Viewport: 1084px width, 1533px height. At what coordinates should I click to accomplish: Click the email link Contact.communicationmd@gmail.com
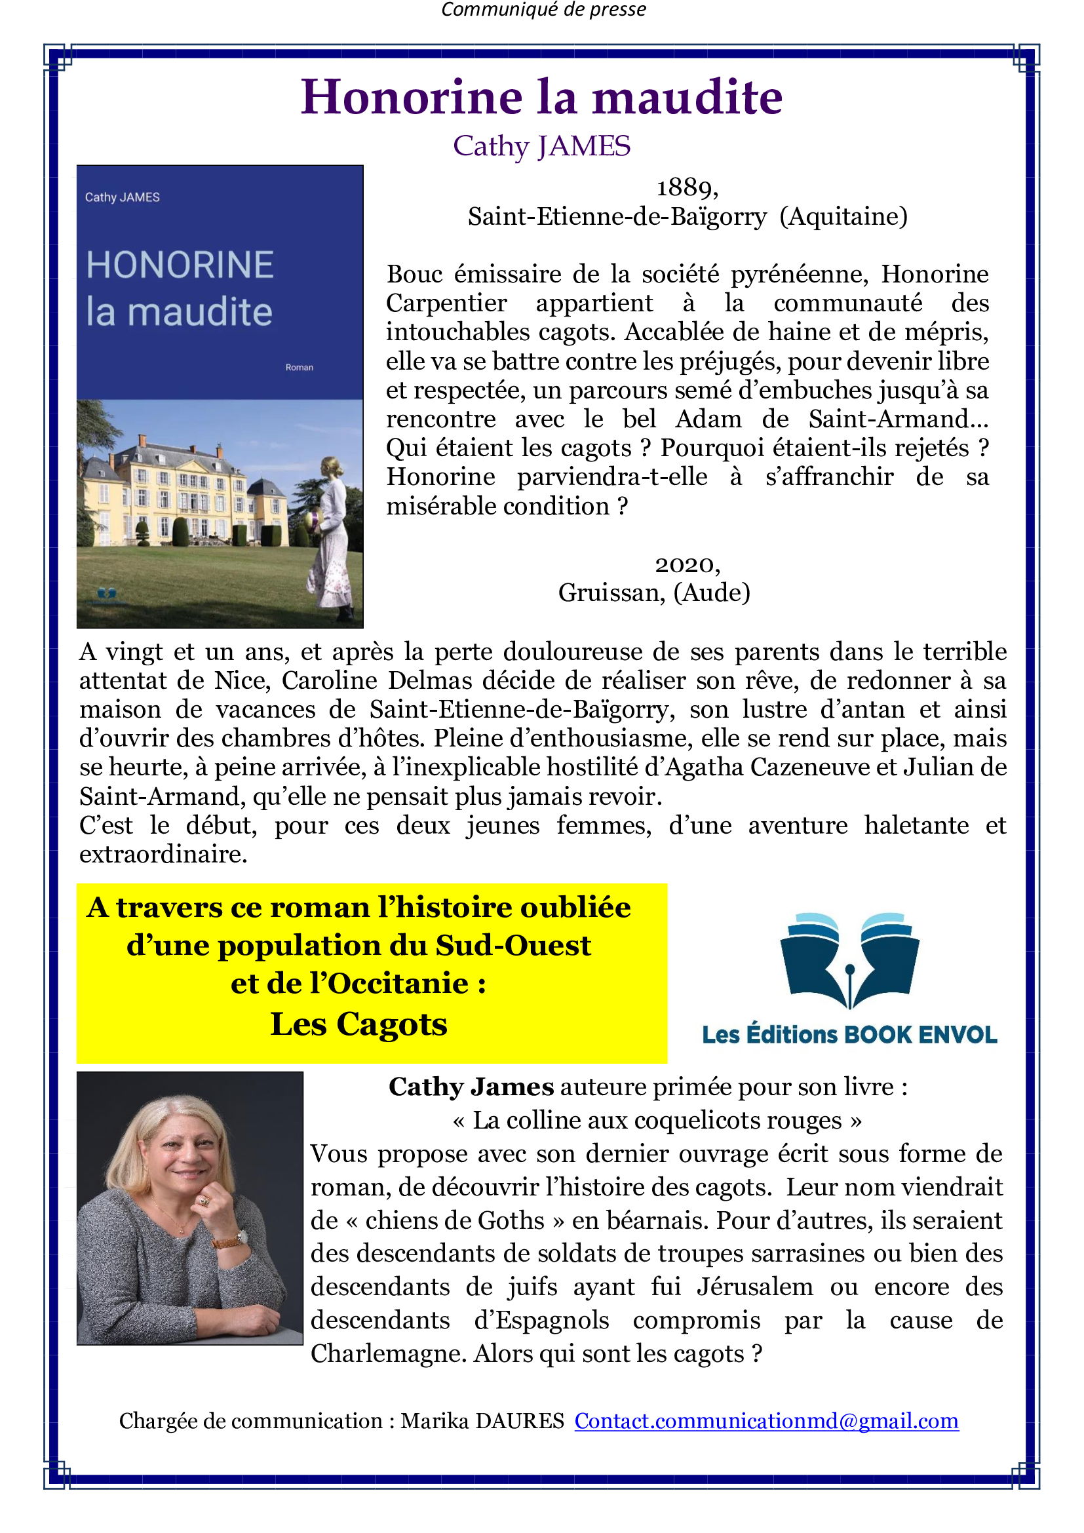[766, 1420]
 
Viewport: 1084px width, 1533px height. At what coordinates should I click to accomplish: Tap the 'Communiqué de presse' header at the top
[543, 10]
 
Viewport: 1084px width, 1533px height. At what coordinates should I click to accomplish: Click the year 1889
[687, 187]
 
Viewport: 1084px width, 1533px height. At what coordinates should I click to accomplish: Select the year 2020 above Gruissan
[687, 565]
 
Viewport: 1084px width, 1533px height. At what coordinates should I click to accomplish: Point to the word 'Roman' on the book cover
[299, 367]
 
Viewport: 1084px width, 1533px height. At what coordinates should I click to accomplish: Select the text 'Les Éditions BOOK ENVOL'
[849, 1035]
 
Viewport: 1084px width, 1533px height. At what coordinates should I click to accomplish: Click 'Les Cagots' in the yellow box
[358, 1024]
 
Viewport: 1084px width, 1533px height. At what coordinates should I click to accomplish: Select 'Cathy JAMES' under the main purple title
[541, 146]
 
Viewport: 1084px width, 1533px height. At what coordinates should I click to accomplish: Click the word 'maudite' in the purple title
[687, 98]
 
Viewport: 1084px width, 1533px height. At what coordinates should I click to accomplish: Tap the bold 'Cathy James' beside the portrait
[471, 1087]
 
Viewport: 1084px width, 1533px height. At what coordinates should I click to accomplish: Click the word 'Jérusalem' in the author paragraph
[755, 1287]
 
